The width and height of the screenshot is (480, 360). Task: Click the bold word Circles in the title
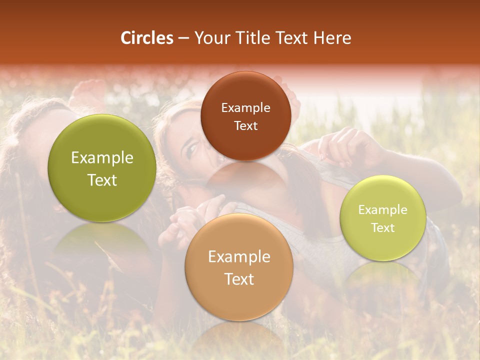click(x=147, y=38)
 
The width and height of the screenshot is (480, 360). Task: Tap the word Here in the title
click(x=333, y=38)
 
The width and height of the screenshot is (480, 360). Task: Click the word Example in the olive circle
click(x=102, y=158)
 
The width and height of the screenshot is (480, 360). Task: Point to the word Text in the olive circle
click(x=102, y=180)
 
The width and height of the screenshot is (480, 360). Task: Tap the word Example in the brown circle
click(x=245, y=108)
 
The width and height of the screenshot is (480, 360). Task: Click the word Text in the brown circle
click(x=245, y=125)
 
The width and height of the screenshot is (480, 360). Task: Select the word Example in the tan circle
click(x=239, y=257)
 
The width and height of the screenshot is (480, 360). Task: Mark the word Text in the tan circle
click(x=239, y=279)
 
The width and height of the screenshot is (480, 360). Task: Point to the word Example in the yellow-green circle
click(x=383, y=210)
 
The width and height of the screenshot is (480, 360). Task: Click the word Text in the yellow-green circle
click(x=383, y=227)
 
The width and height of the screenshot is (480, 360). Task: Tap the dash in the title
click(x=183, y=38)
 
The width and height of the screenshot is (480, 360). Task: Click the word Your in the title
click(x=208, y=38)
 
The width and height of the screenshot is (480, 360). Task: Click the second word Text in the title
click(x=294, y=38)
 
